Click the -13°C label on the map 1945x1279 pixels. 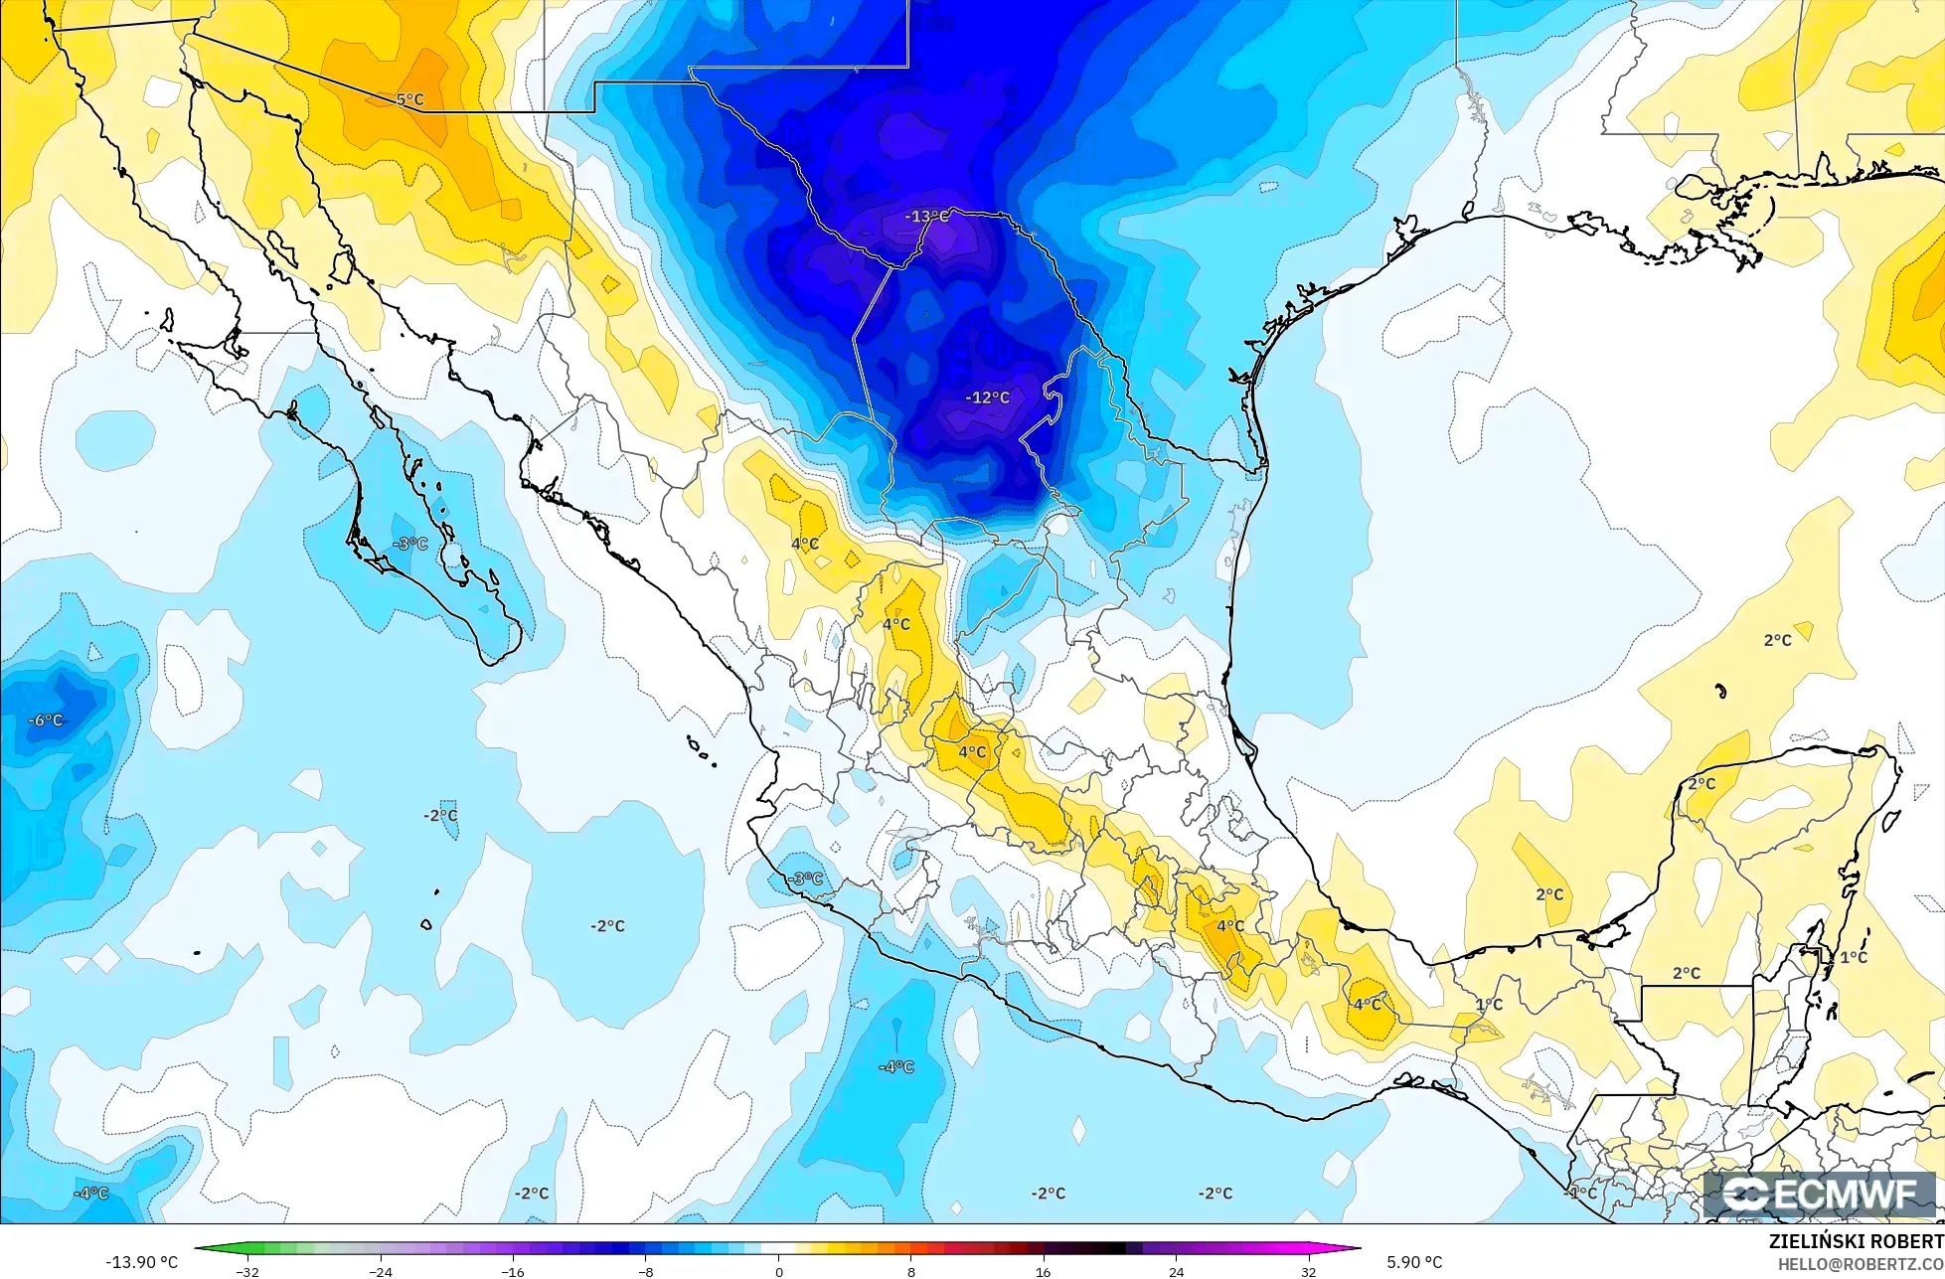tap(925, 217)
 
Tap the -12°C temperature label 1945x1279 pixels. tap(987, 398)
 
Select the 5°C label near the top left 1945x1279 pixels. tap(409, 100)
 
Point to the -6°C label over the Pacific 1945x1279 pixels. tap(46, 720)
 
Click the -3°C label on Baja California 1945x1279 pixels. tap(409, 545)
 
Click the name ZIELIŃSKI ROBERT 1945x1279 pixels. tap(1856, 1242)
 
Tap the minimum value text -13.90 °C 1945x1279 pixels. tap(141, 1262)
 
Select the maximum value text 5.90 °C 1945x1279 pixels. tap(1414, 1262)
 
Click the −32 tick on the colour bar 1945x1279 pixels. tap(247, 1271)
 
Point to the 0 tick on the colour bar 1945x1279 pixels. tap(778, 1271)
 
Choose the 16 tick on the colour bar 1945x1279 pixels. tap(1044, 1271)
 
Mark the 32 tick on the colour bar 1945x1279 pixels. tap(1308, 1271)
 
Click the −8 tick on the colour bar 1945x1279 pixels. tap(646, 1271)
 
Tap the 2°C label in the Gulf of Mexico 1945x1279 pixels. tap(1777, 641)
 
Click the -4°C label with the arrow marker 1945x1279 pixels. tap(895, 1067)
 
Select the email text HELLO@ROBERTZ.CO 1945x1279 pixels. tap(1861, 1263)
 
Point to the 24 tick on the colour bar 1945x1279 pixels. tap(1176, 1271)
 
